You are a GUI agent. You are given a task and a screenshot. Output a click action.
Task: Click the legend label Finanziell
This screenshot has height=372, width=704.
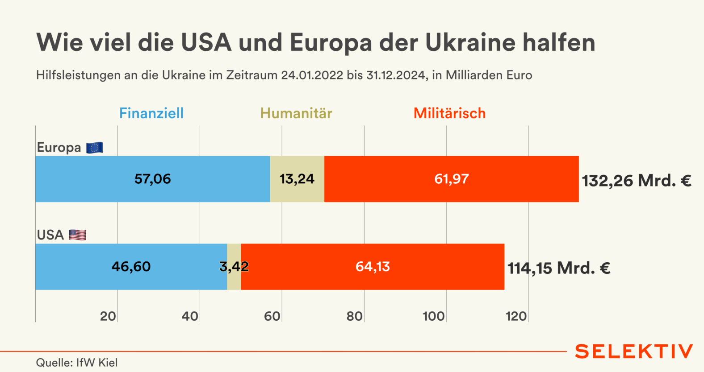click(x=151, y=113)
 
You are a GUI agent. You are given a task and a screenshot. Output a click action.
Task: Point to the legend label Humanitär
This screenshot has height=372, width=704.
click(x=296, y=113)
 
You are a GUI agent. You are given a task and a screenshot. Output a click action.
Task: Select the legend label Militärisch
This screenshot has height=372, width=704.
click(x=449, y=113)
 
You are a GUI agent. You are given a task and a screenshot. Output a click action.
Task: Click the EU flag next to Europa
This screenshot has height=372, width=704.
click(x=95, y=148)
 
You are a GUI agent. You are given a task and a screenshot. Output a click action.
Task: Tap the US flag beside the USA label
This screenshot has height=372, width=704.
click(x=77, y=235)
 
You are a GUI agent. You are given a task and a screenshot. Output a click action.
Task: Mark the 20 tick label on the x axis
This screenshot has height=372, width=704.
click(x=108, y=316)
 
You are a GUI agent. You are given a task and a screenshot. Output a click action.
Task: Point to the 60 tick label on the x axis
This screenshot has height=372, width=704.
click(x=272, y=316)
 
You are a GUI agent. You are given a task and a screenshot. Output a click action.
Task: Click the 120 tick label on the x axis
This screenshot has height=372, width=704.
click(x=516, y=316)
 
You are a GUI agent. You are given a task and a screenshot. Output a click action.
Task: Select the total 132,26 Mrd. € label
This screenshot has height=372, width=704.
click(x=637, y=181)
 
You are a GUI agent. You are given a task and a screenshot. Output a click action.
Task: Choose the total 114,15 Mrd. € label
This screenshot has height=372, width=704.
click(x=559, y=268)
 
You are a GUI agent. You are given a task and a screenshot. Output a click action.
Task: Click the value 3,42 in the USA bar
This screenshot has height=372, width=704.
click(x=234, y=267)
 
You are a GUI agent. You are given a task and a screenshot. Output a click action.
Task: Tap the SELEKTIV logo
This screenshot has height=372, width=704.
click(x=634, y=351)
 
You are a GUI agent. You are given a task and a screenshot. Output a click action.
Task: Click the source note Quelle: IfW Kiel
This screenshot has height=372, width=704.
click(x=77, y=363)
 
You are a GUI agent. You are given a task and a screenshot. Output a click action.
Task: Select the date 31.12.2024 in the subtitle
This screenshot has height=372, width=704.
click(x=395, y=75)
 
